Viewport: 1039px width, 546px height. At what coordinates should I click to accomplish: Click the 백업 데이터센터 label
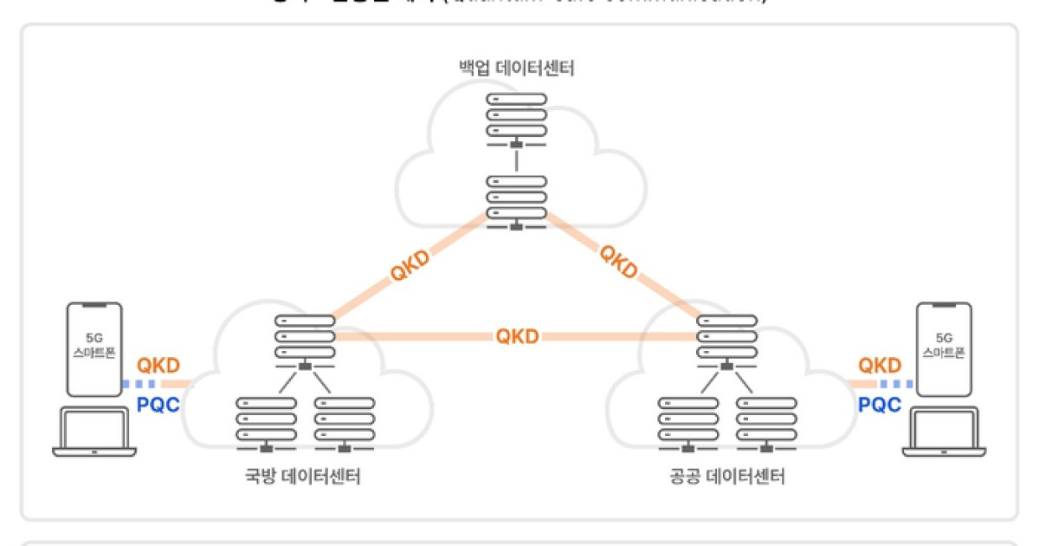pos(517,67)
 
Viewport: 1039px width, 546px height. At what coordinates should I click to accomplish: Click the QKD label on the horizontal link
pos(517,336)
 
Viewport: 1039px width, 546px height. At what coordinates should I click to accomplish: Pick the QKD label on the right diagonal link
pos(620,262)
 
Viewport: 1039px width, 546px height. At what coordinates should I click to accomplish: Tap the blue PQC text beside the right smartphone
pos(880,404)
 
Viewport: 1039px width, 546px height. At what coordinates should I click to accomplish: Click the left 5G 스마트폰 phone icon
pos(94,349)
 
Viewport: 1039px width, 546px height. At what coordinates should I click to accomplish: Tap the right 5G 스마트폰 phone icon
pos(945,349)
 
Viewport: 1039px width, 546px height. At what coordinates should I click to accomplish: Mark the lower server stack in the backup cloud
pos(516,198)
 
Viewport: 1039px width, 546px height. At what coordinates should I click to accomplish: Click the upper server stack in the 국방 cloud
pos(305,337)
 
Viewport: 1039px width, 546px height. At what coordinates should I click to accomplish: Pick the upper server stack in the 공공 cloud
pos(727,337)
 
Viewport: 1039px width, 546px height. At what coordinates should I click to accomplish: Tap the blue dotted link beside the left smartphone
pos(140,383)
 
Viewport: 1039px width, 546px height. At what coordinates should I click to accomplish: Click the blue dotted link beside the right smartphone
pos(898,383)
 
